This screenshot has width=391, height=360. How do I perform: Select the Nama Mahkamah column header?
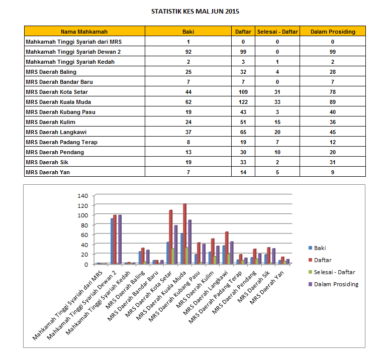point(84,32)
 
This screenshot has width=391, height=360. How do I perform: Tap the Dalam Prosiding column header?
point(333,32)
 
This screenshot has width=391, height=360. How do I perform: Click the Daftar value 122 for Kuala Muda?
point(243,102)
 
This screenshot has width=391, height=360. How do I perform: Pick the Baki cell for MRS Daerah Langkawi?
point(187,132)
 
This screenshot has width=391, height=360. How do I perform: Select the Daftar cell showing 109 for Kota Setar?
point(243,92)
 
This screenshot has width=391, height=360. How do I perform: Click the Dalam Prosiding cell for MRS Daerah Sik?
point(333,162)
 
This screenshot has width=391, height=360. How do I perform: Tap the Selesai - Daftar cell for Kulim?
point(277,122)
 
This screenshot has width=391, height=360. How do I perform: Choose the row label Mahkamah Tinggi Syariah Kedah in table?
point(70,62)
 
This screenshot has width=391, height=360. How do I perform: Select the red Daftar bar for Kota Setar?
point(171,236)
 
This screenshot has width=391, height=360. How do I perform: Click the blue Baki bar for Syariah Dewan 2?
point(112,241)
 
